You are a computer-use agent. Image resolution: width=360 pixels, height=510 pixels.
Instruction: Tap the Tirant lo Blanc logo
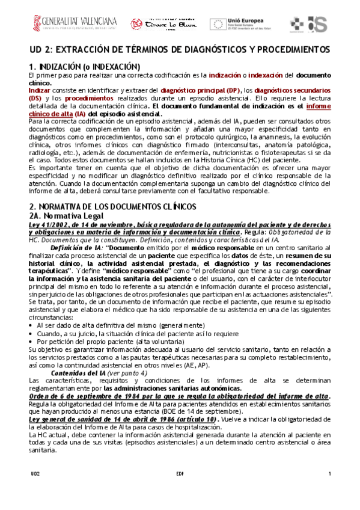(158, 23)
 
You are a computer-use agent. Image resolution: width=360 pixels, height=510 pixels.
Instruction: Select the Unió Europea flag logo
(218, 23)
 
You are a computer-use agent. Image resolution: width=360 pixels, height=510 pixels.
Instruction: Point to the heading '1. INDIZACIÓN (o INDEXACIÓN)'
(84, 66)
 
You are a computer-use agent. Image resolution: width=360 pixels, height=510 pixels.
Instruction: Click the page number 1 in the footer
(329, 475)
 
